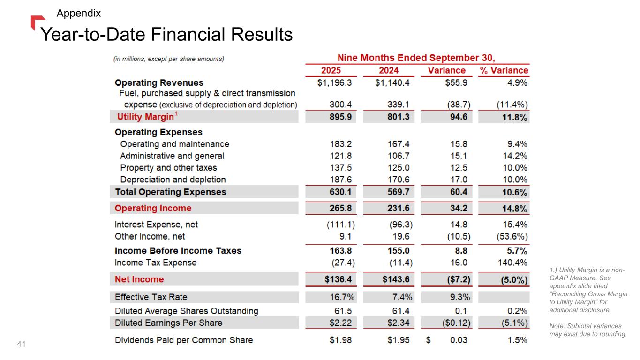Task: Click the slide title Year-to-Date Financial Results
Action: tap(166, 35)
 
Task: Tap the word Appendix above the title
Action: tap(79, 14)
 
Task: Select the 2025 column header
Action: tap(331, 70)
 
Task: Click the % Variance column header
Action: tap(504, 70)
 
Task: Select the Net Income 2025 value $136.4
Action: tap(340, 279)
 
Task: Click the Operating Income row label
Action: tap(153, 208)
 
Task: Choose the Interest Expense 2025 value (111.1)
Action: tap(340, 225)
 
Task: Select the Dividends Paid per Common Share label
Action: tap(184, 340)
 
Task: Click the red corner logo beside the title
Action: tap(37, 21)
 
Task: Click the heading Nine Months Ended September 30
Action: tap(417, 58)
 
